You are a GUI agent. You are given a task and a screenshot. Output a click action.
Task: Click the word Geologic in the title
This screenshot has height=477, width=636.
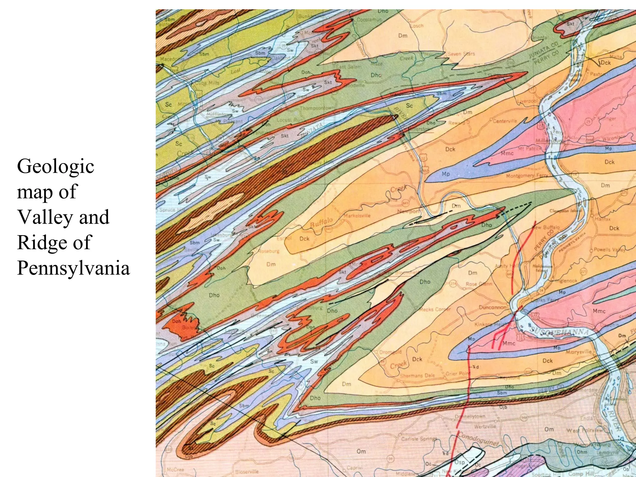point(55,166)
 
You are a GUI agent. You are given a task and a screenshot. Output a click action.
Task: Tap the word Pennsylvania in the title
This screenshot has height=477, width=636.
point(73,268)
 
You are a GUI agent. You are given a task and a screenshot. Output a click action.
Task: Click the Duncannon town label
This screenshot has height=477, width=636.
point(493,307)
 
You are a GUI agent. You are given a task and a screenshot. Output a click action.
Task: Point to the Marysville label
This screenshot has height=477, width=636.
point(578,352)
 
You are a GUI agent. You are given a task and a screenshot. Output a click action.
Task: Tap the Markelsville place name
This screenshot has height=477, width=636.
point(357,216)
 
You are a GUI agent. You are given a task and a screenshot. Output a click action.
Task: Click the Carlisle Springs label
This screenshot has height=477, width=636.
point(419,439)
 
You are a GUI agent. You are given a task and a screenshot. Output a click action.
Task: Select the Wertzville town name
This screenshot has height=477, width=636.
point(485,426)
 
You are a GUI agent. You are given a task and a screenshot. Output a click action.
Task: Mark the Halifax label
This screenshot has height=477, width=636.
point(602,219)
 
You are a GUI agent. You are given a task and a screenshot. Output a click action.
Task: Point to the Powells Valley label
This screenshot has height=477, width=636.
point(609,249)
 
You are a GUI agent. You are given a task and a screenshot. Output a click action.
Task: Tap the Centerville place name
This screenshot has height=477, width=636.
point(505,121)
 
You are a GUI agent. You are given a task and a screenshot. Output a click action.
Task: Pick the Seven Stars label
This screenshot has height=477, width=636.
point(461,54)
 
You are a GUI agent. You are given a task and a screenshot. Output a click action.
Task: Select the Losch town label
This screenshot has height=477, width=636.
point(417,26)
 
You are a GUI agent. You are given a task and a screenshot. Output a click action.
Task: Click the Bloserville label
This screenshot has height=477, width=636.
point(247,471)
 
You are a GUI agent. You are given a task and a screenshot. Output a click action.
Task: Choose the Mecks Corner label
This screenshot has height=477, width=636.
point(434,309)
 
